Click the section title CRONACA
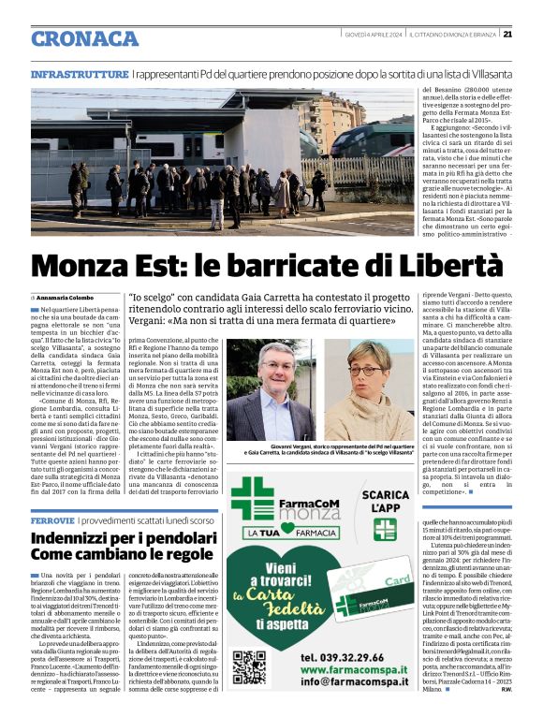pyautogui.click(x=84, y=38)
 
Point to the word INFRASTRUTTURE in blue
pyautogui.click(x=79, y=73)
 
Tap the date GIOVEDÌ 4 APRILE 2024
pyautogui.click(x=372, y=35)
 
